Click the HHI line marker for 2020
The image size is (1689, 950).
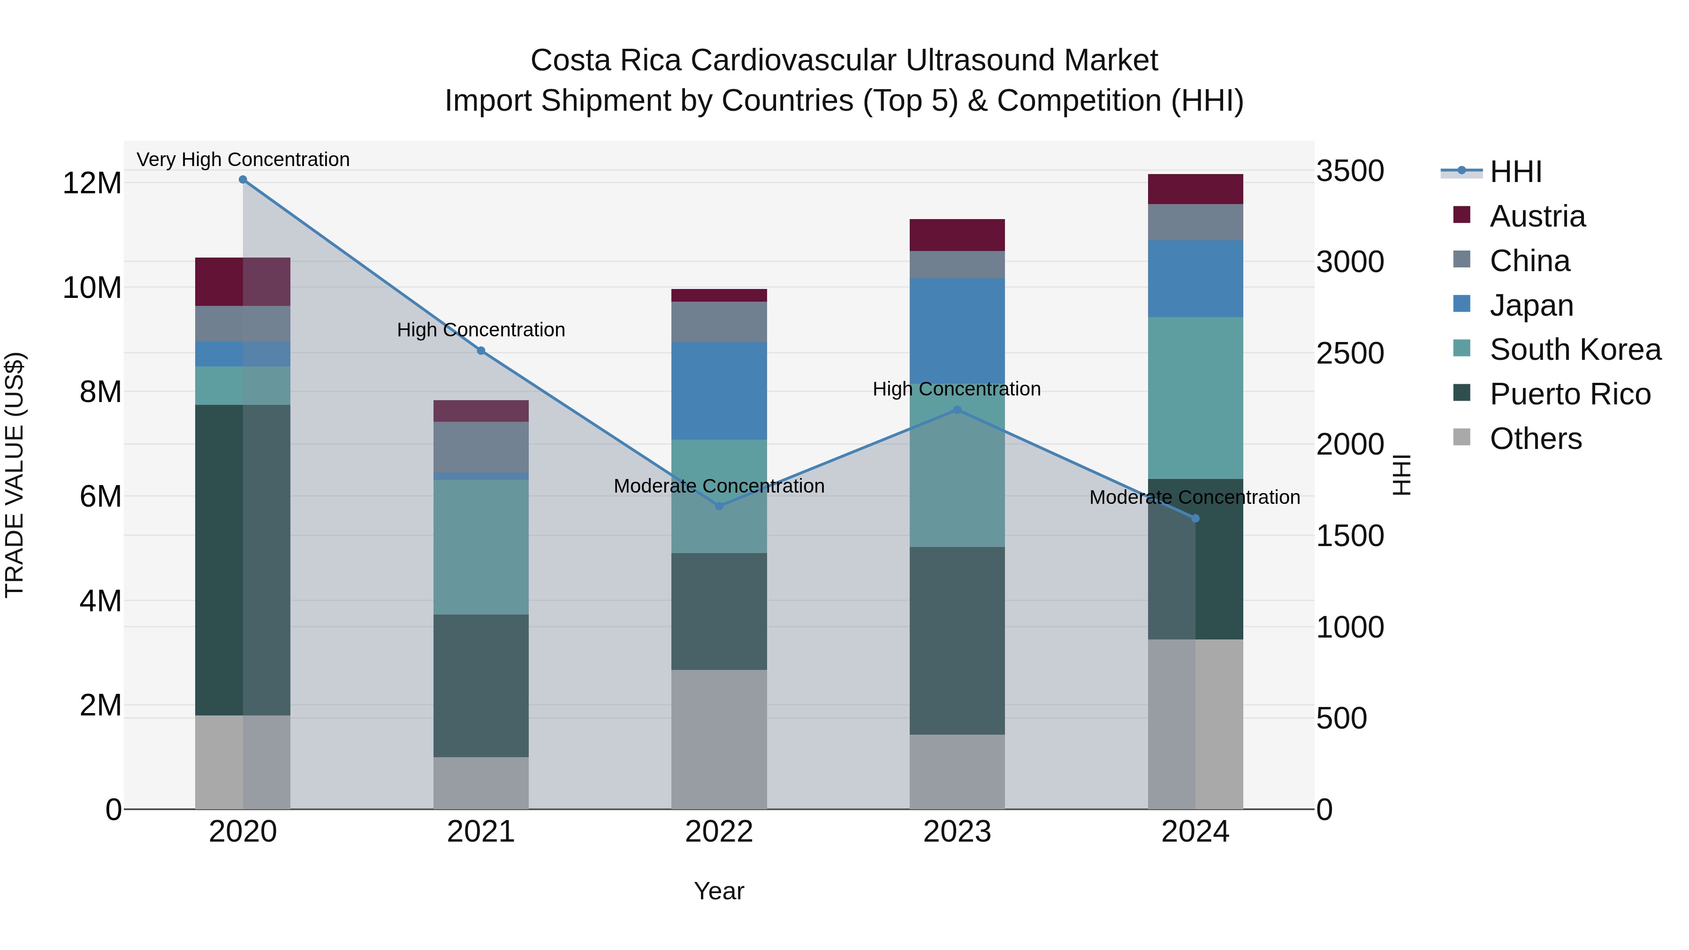pyautogui.click(x=243, y=180)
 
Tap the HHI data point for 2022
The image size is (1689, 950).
pyautogui.click(x=719, y=506)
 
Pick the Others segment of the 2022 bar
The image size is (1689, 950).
pyautogui.click(x=719, y=739)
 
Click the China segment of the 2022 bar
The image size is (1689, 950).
pyautogui.click(x=719, y=322)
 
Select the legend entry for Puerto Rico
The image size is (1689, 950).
pyautogui.click(x=1570, y=395)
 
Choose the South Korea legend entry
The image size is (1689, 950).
pyautogui.click(x=1575, y=350)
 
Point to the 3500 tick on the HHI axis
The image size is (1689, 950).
pyautogui.click(x=1350, y=171)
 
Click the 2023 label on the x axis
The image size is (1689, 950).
pyautogui.click(x=957, y=832)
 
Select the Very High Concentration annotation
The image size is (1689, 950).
pyautogui.click(x=243, y=160)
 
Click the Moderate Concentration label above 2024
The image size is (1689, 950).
pyautogui.click(x=1194, y=497)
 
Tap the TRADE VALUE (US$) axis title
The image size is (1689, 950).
pyautogui.click(x=15, y=475)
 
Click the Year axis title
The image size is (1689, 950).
pyautogui.click(x=719, y=891)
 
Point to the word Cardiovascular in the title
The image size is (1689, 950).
pyautogui.click(x=797, y=61)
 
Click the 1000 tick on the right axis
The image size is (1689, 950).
pyautogui.click(x=1350, y=627)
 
